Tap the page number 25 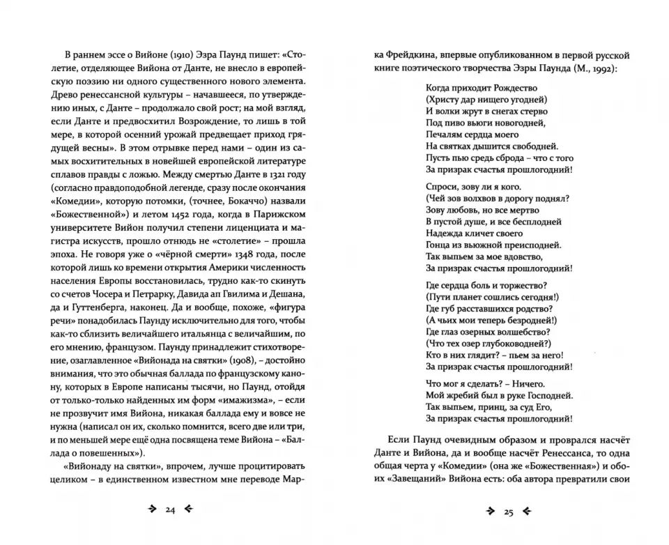coord(507,512)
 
